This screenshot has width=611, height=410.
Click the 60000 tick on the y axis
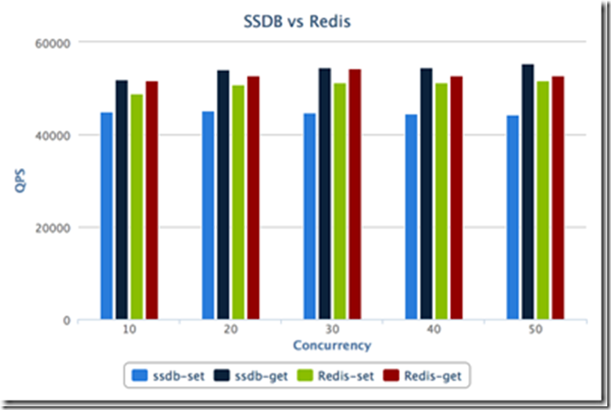point(55,42)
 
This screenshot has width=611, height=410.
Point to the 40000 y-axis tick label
point(55,135)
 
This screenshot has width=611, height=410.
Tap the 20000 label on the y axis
point(55,228)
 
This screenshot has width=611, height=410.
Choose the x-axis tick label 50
point(535,331)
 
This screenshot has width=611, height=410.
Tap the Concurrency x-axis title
point(332,346)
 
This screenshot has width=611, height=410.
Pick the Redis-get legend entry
point(422,374)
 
